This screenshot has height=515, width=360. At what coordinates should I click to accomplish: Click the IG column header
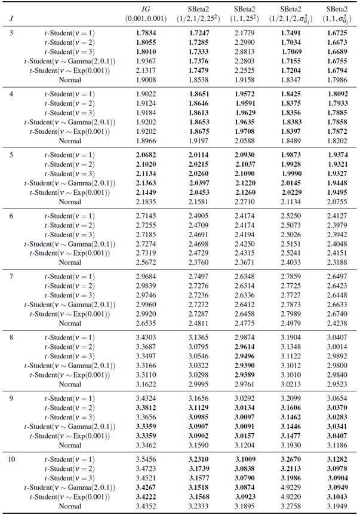146,10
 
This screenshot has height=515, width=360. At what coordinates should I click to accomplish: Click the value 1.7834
146,32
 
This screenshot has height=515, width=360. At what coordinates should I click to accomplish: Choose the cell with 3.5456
146,459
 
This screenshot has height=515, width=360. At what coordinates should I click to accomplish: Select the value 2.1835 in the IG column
146,202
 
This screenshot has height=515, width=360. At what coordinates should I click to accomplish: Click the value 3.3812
146,407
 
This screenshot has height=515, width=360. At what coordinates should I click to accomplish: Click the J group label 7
12,276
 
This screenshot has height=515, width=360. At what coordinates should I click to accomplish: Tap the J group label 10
14,459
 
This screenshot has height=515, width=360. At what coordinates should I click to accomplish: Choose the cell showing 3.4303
146,337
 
